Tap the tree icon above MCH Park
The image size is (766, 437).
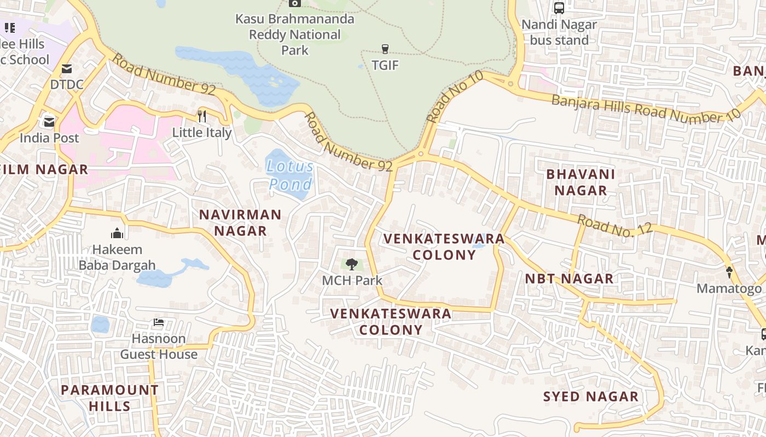[x=352, y=265]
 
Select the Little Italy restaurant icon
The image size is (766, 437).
[x=202, y=116]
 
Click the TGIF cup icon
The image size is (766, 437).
[x=385, y=49]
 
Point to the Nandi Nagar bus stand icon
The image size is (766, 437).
[x=559, y=8]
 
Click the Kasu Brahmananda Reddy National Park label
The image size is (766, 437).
[x=295, y=34]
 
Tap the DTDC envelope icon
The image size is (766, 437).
[x=67, y=69]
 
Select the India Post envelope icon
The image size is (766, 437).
[x=49, y=122]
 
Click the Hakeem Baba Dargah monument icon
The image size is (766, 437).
[x=117, y=234]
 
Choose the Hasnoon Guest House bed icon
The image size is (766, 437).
[x=159, y=323]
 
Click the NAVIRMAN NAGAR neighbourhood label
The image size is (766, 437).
[x=240, y=222]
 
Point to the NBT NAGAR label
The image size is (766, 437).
[x=569, y=279]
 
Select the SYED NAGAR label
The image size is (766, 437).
[x=591, y=397]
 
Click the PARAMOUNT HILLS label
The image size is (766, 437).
[x=109, y=398]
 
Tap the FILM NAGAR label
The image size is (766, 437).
[x=44, y=169]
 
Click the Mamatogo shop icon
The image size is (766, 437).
[x=729, y=272]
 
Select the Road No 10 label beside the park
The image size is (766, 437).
[x=454, y=97]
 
